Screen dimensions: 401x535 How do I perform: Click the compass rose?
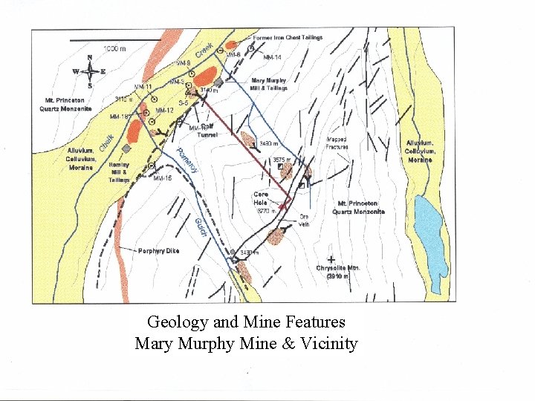(x=89, y=71)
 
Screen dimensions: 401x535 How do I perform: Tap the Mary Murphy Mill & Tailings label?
(x=269, y=84)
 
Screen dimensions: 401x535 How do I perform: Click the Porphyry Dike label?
(x=158, y=251)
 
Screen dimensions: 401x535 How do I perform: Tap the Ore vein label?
(x=303, y=220)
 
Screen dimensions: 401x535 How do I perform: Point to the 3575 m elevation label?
(x=282, y=160)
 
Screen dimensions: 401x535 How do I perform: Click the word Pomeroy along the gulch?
(x=187, y=162)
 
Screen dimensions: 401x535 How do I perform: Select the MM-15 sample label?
(x=162, y=178)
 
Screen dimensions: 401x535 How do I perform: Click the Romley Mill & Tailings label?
(x=119, y=172)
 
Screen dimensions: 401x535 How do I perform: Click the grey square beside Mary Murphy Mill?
(x=218, y=83)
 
